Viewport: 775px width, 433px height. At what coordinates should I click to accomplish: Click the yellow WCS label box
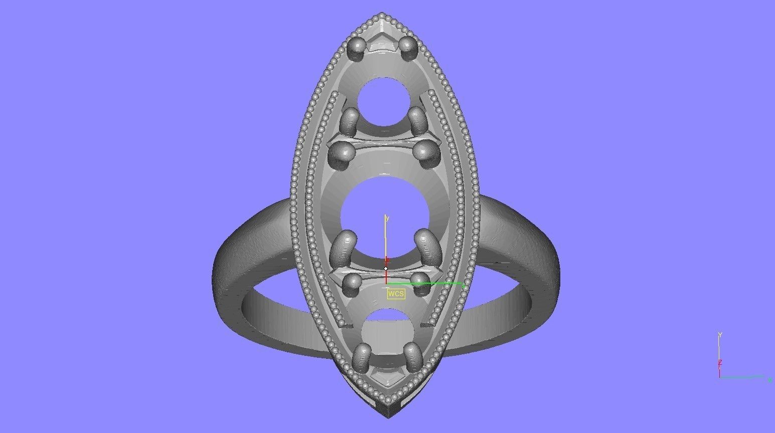pos(395,294)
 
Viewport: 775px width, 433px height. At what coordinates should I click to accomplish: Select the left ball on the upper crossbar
pos(343,150)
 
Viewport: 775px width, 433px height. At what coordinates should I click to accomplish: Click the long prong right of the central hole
pos(426,245)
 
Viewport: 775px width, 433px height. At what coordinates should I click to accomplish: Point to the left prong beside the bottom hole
pos(362,357)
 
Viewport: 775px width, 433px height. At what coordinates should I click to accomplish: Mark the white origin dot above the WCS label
pos(386,269)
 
